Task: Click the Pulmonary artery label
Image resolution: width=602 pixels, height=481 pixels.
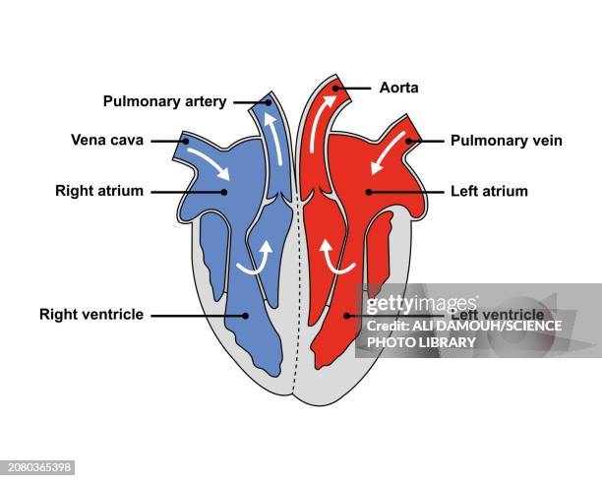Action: [x=165, y=101]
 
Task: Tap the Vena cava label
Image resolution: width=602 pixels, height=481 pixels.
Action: [x=107, y=140]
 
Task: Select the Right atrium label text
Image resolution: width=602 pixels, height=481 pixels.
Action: [x=99, y=191]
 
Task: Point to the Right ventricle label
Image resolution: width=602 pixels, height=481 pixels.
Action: [x=91, y=315]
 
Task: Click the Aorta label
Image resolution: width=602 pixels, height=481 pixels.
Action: [x=399, y=88]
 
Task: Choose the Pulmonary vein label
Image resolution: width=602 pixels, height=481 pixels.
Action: [x=507, y=141]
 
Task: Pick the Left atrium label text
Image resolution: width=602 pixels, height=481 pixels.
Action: [x=489, y=191]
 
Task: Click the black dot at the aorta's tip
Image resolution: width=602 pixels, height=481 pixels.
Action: [x=335, y=88]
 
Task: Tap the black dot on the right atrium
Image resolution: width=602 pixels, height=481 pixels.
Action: [x=225, y=191]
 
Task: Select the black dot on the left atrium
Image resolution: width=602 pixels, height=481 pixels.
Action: [x=369, y=191]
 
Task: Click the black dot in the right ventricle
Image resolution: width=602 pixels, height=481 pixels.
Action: [x=242, y=316]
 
